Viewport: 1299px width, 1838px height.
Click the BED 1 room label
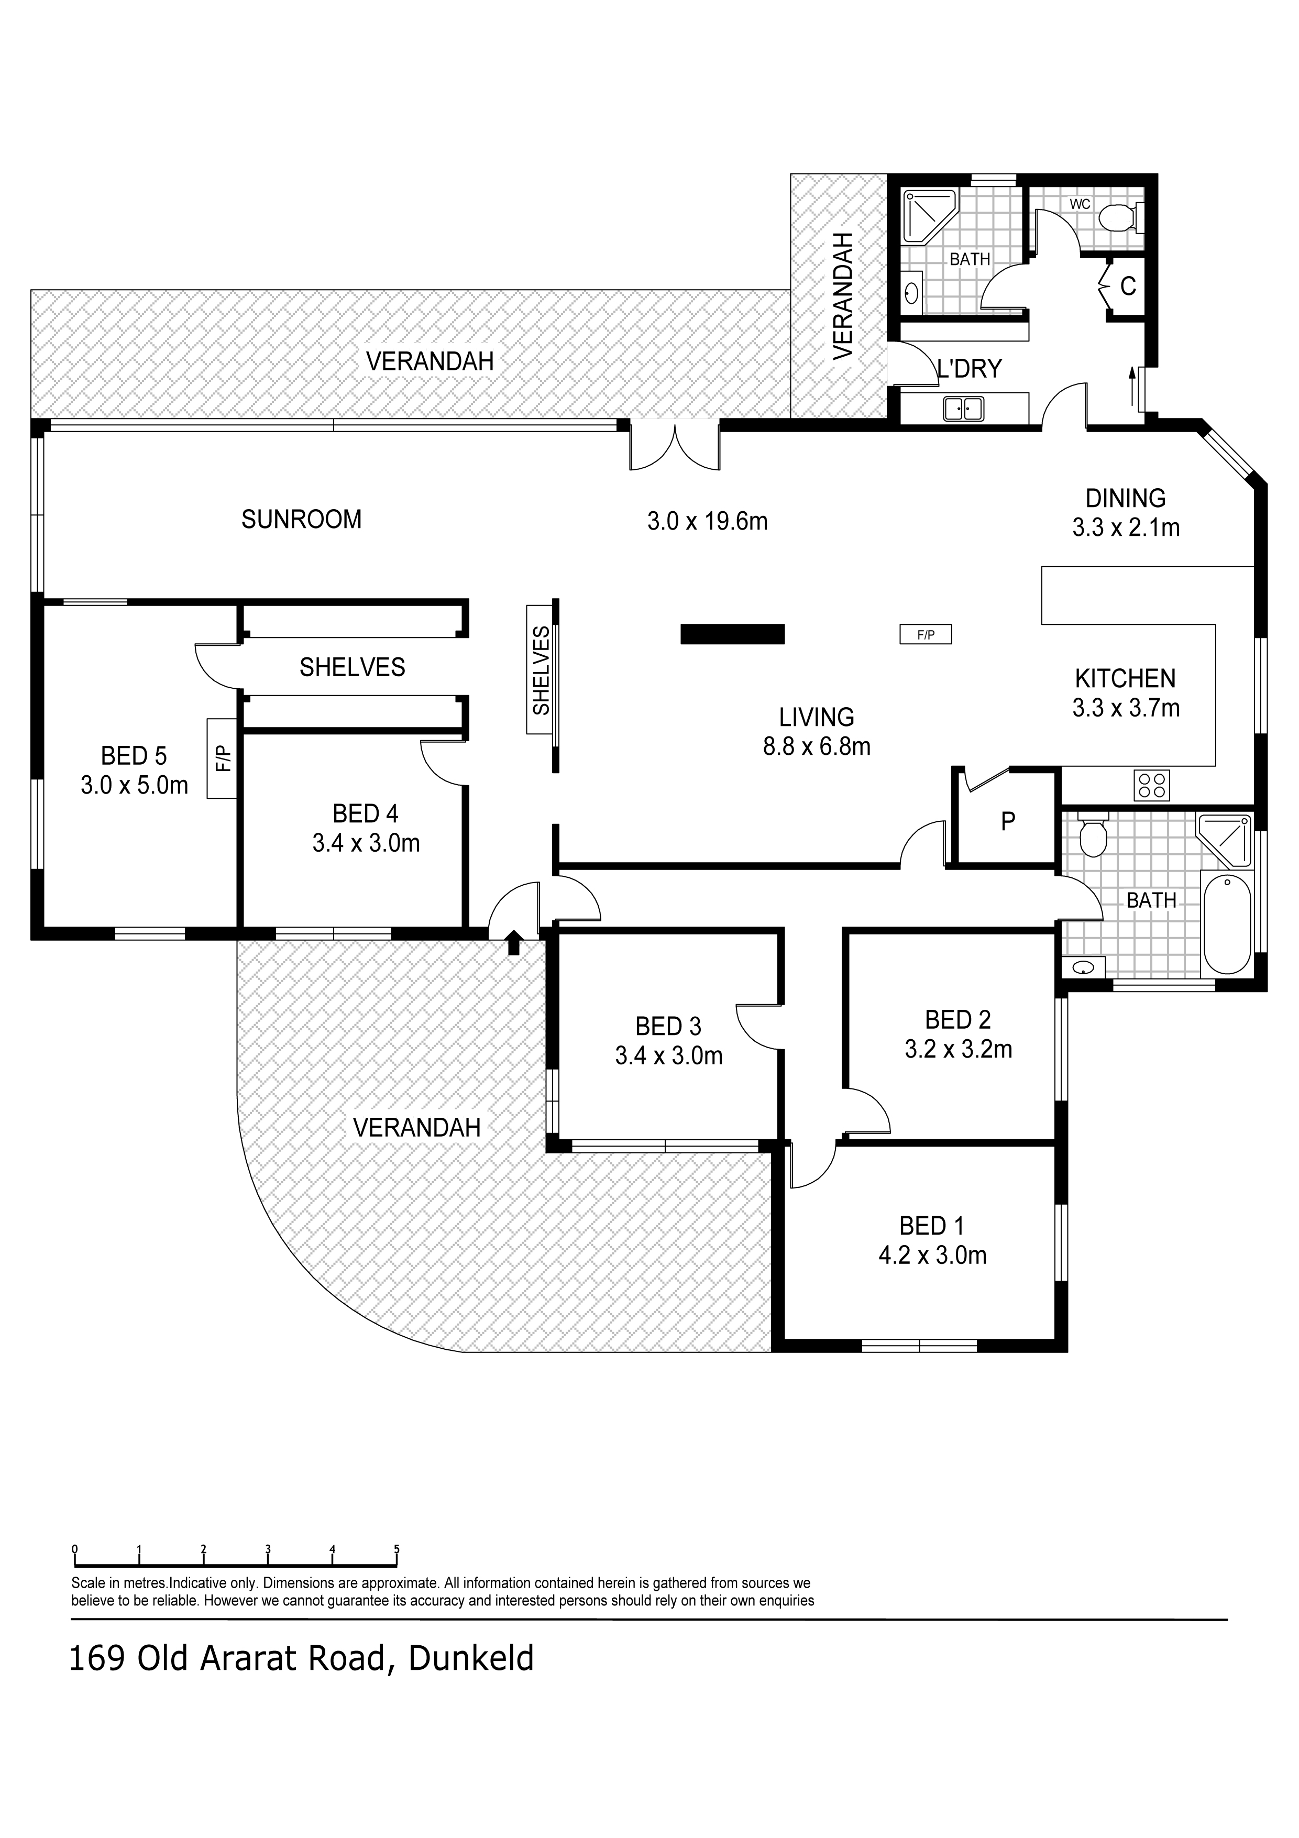[x=932, y=1226]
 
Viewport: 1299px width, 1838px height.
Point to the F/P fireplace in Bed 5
[x=223, y=758]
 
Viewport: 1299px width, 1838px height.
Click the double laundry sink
[x=964, y=409]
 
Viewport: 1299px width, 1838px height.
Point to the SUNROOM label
[x=302, y=520]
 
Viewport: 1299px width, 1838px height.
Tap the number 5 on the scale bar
[x=397, y=1548]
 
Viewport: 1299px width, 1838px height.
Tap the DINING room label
[x=1125, y=498]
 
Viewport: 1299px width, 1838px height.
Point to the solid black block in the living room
[x=732, y=634]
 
